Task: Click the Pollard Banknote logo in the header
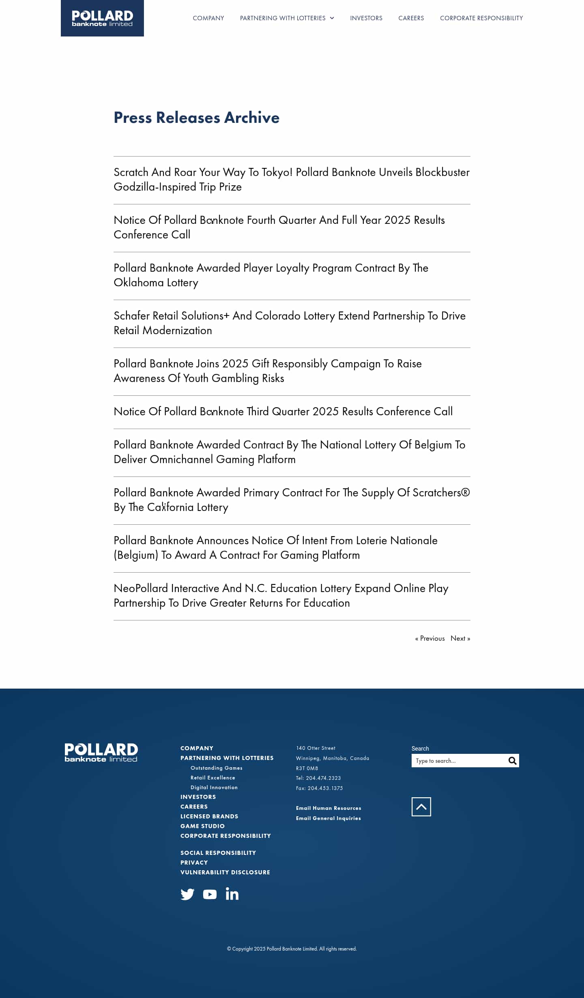click(102, 18)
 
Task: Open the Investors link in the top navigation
click(366, 18)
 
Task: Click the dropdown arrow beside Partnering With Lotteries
click(332, 18)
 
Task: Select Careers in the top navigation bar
click(411, 18)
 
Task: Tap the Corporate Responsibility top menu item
click(481, 18)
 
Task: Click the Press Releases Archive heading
click(196, 118)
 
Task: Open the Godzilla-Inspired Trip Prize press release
click(291, 179)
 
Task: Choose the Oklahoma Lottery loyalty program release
click(271, 275)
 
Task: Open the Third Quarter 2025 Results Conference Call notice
click(283, 412)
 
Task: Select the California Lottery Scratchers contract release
click(291, 500)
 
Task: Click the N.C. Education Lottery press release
click(281, 595)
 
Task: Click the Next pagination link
click(460, 638)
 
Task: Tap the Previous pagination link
click(430, 638)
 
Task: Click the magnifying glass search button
click(512, 761)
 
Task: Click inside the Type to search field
click(458, 761)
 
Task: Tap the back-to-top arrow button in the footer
click(421, 807)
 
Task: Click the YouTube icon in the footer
click(210, 894)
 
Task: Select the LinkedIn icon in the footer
click(232, 894)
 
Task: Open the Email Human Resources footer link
click(328, 808)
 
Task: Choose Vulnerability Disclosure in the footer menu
click(225, 872)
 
